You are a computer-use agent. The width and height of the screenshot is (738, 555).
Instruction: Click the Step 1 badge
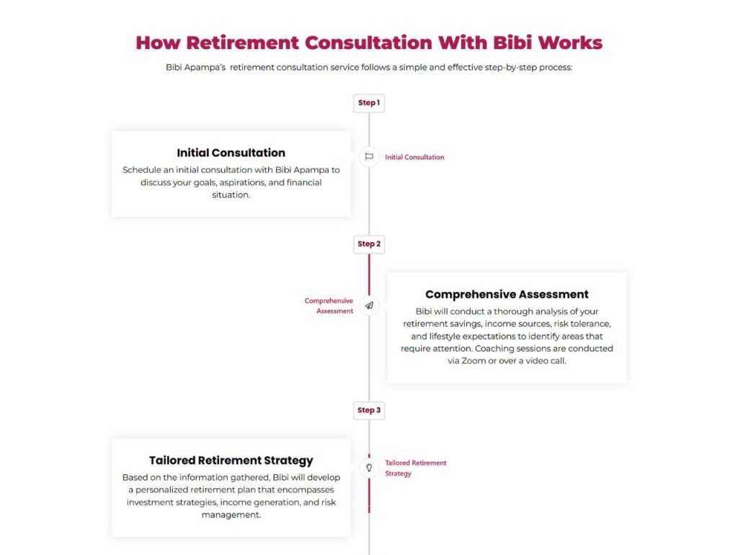[x=369, y=103]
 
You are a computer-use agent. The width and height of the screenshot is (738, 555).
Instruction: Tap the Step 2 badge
[x=369, y=244]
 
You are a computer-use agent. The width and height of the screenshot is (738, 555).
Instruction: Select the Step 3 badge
[x=369, y=410]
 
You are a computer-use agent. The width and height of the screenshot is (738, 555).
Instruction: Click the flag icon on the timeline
[x=369, y=156]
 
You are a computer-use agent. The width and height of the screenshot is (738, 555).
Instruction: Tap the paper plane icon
[x=369, y=306]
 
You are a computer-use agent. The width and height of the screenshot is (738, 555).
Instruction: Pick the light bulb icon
[x=369, y=468]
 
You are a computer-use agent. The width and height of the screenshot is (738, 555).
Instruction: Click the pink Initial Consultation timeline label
[x=414, y=157]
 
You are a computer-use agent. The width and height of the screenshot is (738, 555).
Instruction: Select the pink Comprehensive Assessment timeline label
[x=329, y=306]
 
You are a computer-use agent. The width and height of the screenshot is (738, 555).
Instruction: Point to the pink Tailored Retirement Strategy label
[x=416, y=469]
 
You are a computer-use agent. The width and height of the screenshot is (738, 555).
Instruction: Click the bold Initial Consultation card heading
[x=231, y=153]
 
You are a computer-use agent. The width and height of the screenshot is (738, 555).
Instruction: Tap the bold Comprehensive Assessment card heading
[x=507, y=295]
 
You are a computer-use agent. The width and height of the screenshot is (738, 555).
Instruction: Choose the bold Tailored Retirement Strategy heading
[x=231, y=461]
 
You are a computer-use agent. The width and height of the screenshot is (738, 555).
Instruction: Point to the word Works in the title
[x=571, y=43]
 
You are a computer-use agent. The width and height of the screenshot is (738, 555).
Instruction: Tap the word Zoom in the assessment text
[x=474, y=361]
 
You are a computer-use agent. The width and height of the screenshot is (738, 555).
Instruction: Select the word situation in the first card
[x=231, y=195]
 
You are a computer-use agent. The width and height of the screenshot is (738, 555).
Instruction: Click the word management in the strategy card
[x=231, y=515]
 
